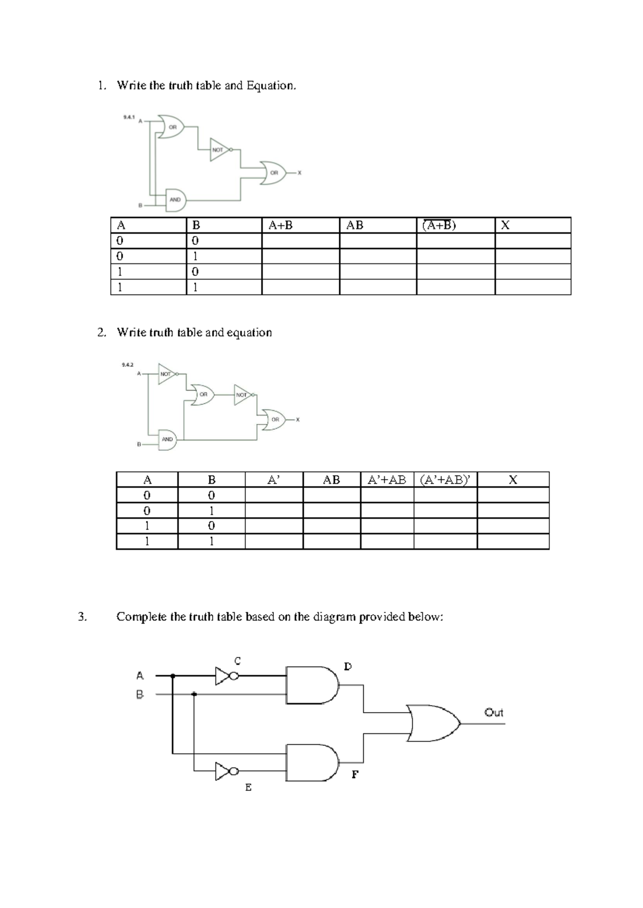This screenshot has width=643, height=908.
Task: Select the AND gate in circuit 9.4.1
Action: (175, 200)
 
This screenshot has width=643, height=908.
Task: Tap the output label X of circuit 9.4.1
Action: (300, 173)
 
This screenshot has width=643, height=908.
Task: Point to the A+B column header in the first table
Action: (281, 225)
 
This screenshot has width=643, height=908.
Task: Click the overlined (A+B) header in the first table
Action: (439, 225)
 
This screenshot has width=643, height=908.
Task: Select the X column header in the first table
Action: (505, 225)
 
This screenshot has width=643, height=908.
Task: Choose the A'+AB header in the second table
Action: (387, 480)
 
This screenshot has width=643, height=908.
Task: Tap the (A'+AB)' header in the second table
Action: (445, 480)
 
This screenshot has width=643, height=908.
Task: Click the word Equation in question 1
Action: (271, 86)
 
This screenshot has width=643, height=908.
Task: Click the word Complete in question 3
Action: (142, 617)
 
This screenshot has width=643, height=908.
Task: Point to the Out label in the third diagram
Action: (494, 713)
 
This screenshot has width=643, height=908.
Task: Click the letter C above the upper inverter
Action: (237, 661)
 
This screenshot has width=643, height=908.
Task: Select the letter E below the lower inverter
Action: (248, 788)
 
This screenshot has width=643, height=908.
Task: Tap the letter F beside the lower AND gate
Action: (355, 775)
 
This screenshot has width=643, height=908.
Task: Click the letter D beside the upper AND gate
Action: (348, 667)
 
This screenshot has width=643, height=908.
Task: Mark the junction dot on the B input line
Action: (194, 694)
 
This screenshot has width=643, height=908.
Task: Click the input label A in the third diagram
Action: (140, 676)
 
